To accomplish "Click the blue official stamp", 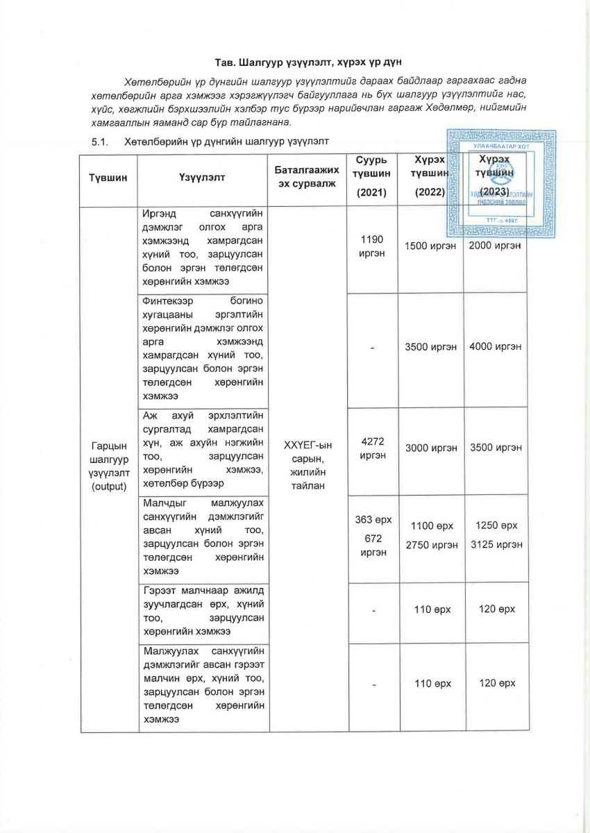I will (494, 182).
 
